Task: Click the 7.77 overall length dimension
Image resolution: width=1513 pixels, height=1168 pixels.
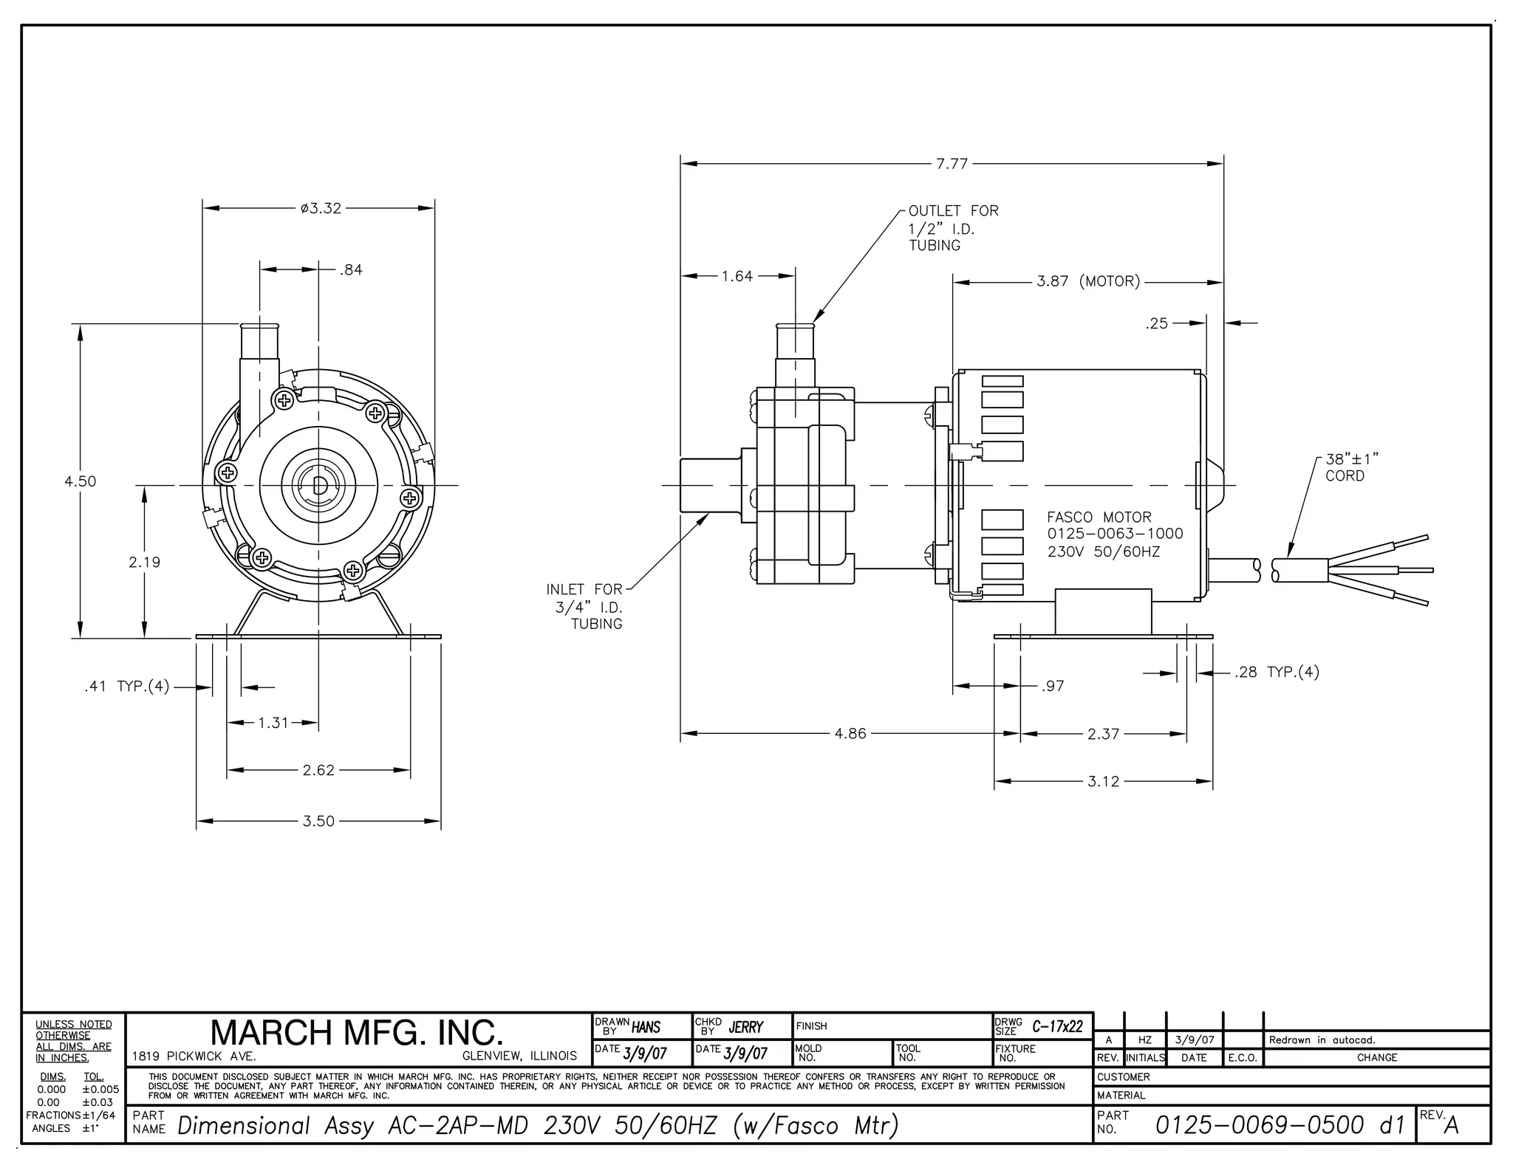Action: point(952,164)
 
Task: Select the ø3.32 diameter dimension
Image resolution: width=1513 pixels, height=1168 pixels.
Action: point(321,208)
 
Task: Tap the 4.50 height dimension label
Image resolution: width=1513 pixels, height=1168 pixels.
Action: point(80,481)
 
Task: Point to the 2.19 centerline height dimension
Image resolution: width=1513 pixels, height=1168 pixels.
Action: point(144,562)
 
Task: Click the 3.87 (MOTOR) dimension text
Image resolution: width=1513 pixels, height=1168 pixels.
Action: point(1087,281)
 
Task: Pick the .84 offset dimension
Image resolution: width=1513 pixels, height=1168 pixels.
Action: point(351,270)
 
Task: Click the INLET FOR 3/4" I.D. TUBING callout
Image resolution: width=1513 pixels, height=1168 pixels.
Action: point(585,606)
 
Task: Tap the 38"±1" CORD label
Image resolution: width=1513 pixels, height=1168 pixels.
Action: point(1351,467)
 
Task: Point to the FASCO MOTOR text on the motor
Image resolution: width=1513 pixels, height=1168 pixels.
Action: point(1099,518)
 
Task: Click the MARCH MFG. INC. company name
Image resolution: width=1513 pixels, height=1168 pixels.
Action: point(357,1032)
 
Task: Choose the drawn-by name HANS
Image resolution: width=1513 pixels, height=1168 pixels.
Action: point(646,1027)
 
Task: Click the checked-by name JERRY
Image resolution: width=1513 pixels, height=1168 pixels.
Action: point(745,1027)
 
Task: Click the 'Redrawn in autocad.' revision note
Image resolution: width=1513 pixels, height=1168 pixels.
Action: point(1322,1040)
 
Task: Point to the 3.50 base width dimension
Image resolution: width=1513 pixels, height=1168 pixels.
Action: point(318,821)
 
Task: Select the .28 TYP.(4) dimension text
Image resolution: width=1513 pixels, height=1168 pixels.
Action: point(1276,672)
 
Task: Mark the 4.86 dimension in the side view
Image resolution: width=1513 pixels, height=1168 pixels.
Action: point(850,734)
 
